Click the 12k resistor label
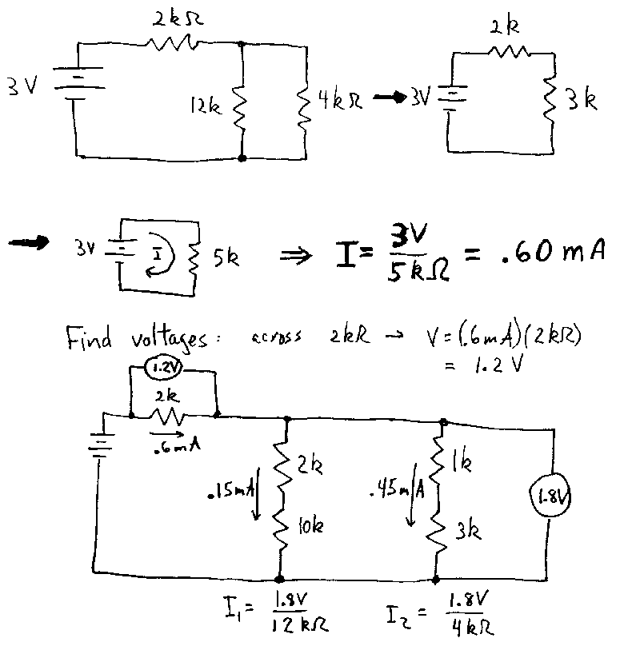click(x=206, y=105)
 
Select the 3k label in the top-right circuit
click(x=582, y=99)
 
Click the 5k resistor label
click(x=226, y=258)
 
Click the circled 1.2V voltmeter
click(x=163, y=368)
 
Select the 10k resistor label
click(x=310, y=525)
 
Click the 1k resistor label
click(x=462, y=462)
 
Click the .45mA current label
click(x=398, y=489)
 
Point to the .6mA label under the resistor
click(x=177, y=446)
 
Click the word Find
click(x=89, y=338)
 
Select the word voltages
click(x=169, y=340)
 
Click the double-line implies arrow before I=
click(x=295, y=255)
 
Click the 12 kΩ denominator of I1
click(x=300, y=624)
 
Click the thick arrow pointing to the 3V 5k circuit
click(x=28, y=242)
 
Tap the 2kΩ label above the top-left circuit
click(x=178, y=18)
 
